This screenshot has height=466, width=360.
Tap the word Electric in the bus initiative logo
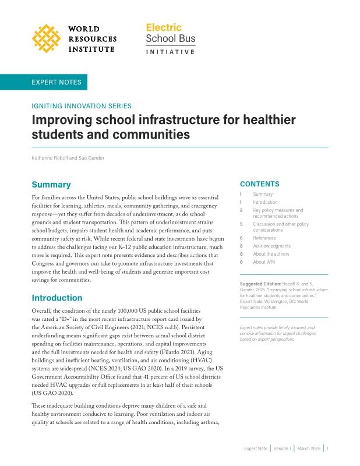point(163,27)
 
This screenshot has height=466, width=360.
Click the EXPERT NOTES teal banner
point(57,82)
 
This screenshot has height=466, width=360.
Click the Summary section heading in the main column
point(51,185)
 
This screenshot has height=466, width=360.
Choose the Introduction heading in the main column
point(57,298)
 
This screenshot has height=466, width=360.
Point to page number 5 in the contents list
point(241,224)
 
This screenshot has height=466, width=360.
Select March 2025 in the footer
point(309,449)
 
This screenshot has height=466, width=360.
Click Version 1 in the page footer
point(283,449)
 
